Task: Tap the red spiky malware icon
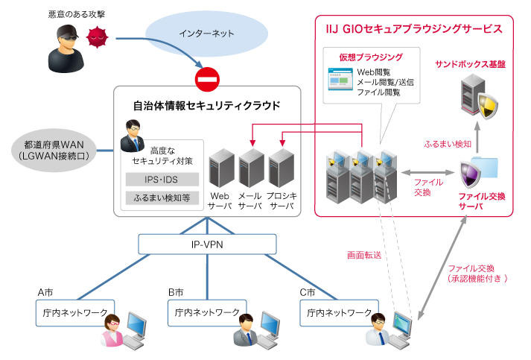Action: pos(96,36)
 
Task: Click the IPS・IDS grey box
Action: pos(162,180)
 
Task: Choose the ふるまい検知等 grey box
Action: pos(162,199)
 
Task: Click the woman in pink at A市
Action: pos(112,331)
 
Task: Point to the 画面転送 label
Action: pos(363,255)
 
